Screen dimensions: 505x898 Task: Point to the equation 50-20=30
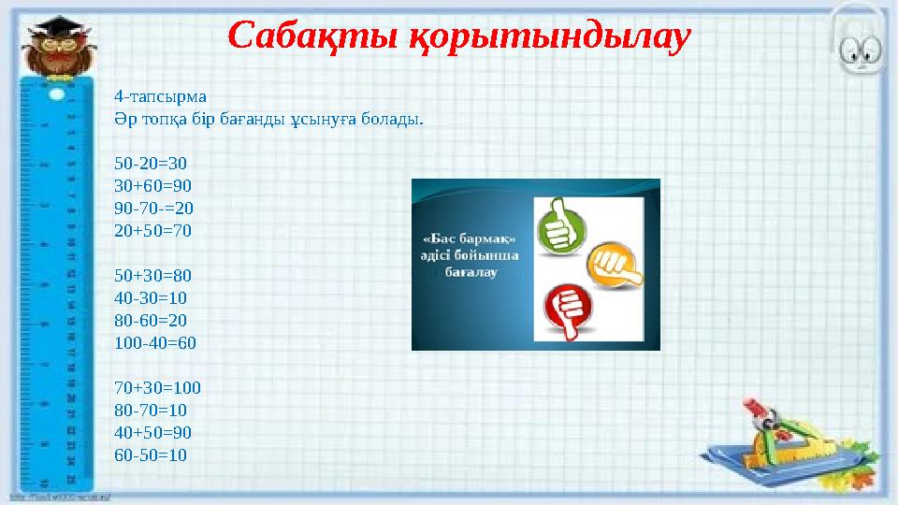tap(150, 163)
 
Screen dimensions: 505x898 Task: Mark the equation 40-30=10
tap(150, 298)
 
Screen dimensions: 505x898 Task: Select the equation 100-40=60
tap(155, 342)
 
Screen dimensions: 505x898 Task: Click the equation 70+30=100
tap(157, 387)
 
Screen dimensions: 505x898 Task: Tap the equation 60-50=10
tap(150, 454)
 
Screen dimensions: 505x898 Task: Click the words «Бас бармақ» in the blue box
tap(470, 238)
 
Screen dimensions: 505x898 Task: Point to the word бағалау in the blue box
tap(470, 272)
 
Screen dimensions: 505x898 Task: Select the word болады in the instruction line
tap(398, 119)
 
